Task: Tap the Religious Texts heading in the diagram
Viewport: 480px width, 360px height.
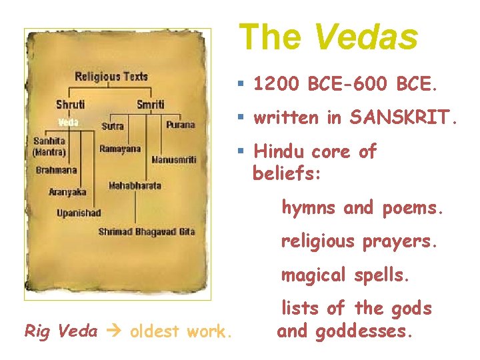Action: click(111, 77)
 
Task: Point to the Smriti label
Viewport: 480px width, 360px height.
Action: click(150, 105)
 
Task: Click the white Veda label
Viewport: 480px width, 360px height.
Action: click(68, 122)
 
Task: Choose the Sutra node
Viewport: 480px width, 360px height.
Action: click(113, 125)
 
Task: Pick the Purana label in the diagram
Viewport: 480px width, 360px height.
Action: click(180, 125)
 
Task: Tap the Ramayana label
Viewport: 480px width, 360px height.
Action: click(120, 149)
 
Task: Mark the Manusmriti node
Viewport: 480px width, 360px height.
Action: click(173, 160)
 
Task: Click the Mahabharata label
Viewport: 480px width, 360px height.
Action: click(135, 185)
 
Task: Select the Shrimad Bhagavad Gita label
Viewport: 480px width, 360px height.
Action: click(146, 231)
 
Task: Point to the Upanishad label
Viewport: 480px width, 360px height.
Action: click(79, 213)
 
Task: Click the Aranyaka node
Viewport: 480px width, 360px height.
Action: click(67, 192)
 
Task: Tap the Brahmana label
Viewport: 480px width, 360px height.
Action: click(57, 170)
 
